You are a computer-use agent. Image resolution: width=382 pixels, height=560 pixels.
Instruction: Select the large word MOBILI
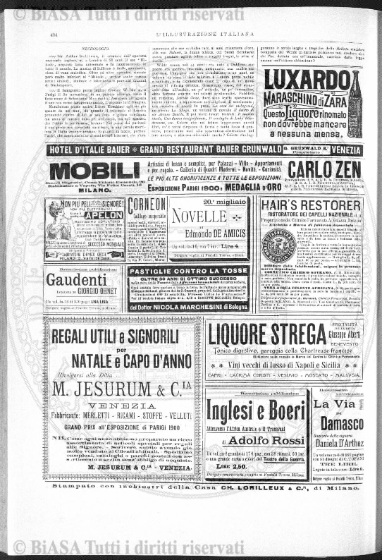coord(95,171)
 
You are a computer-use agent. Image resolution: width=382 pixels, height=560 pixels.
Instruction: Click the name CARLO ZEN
coord(325,170)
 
